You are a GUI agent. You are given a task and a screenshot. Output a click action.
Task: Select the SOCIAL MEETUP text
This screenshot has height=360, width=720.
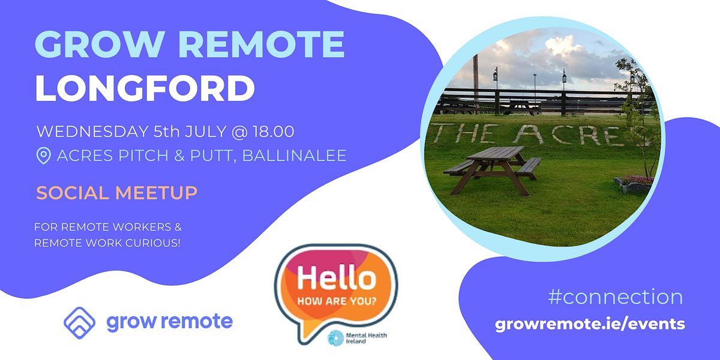pyautogui.click(x=116, y=193)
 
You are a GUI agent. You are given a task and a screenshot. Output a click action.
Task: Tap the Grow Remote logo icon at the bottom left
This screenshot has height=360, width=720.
pyautogui.click(x=80, y=321)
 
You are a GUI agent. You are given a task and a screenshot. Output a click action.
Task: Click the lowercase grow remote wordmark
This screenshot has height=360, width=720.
pyautogui.click(x=169, y=322)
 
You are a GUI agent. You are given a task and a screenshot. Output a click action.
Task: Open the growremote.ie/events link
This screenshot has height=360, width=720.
pyautogui.click(x=590, y=324)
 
